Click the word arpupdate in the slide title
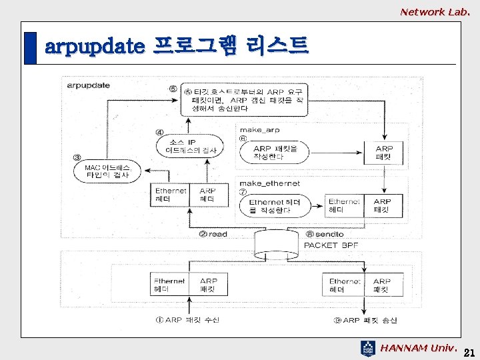pyautogui.click(x=94, y=47)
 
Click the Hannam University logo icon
pyautogui.click(x=368, y=347)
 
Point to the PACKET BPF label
pyautogui.click(x=331, y=245)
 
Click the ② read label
pyautogui.click(x=213, y=234)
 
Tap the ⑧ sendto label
pyautogui.click(x=325, y=234)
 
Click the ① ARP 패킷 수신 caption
pyautogui.click(x=187, y=320)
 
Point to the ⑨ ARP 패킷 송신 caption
pyautogui.click(x=365, y=320)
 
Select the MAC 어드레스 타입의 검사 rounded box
pyautogui.click(x=107, y=171)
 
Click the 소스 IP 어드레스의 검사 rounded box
pyautogui.click(x=191, y=146)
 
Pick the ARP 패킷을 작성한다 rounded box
pyautogui.click(x=275, y=153)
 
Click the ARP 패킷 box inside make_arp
pyautogui.click(x=384, y=153)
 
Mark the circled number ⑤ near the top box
pyautogui.click(x=173, y=89)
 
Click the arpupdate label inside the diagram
pyautogui.click(x=88, y=85)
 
